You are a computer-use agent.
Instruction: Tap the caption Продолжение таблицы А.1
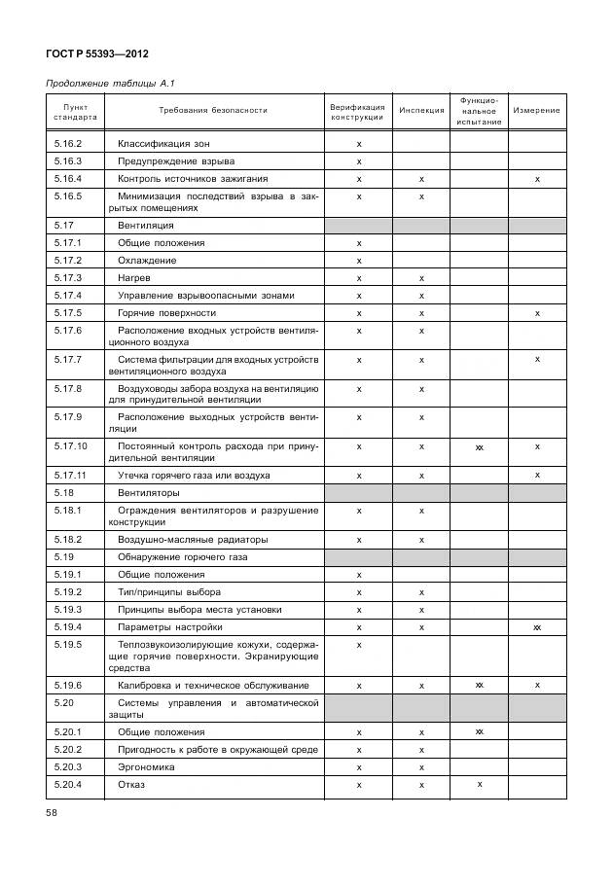click(x=110, y=84)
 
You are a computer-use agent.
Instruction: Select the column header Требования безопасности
click(x=213, y=110)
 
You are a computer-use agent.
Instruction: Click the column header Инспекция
click(x=420, y=110)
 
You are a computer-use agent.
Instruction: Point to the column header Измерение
click(x=536, y=110)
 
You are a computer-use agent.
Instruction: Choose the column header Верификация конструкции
click(x=358, y=111)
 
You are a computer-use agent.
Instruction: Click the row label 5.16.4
click(x=68, y=179)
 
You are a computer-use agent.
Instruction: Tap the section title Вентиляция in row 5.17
click(x=145, y=225)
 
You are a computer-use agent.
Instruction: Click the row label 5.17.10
click(x=71, y=446)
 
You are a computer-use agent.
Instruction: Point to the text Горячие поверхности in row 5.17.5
click(x=166, y=313)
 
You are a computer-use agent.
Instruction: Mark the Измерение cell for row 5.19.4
click(x=536, y=627)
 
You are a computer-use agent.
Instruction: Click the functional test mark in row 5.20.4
click(x=479, y=784)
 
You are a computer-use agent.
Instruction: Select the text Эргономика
click(x=148, y=766)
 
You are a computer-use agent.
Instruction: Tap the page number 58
click(x=53, y=811)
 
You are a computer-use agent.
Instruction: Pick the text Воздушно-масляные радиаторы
click(x=193, y=539)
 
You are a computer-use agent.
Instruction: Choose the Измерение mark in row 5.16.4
click(x=536, y=179)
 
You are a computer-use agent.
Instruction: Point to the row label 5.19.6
click(x=68, y=686)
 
